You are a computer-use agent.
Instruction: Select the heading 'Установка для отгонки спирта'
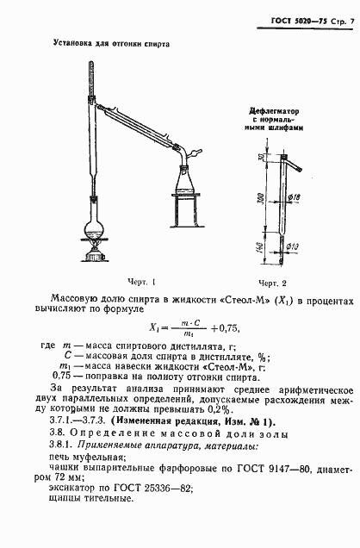[x=111, y=42]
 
